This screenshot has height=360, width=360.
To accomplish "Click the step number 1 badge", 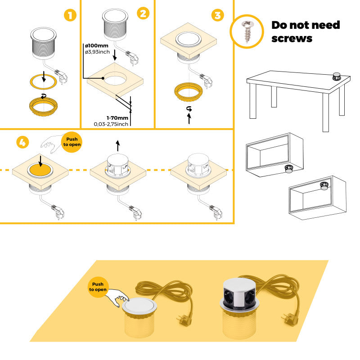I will click(x=69, y=15).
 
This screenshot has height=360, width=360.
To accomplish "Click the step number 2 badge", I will click(x=143, y=13).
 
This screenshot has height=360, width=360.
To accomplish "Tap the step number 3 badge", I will click(x=217, y=15).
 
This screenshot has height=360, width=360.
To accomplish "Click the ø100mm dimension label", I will click(x=96, y=46).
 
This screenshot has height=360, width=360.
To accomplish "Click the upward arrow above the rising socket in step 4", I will click(x=118, y=145).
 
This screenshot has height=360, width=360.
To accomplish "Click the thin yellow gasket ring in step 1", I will click(x=44, y=81).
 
